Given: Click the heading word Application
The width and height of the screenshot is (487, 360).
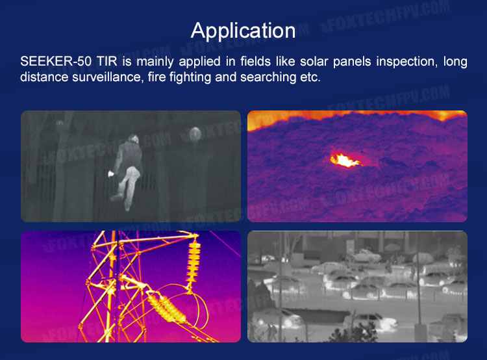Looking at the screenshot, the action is (243, 31).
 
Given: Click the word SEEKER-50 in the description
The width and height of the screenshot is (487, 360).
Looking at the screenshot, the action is (56, 61).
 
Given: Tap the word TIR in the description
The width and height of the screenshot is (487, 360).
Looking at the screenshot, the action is (107, 61).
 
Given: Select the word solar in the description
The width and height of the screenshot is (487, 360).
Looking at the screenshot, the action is (314, 61).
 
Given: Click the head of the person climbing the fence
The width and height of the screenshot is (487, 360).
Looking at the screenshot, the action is (134, 138).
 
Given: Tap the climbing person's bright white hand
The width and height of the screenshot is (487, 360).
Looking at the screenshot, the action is (110, 174).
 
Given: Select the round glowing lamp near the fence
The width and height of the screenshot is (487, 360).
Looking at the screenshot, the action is (195, 134).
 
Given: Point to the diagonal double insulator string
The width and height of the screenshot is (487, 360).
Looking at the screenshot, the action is (166, 308).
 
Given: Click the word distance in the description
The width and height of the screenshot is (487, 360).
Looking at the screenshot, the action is (44, 77).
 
